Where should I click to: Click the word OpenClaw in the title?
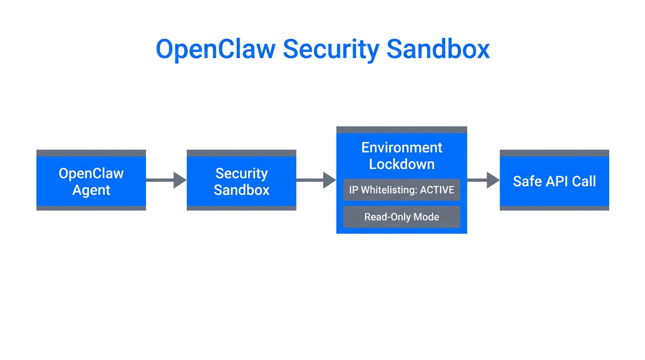[215, 49]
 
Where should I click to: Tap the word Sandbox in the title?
[438, 49]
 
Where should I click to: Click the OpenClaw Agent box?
[91, 181]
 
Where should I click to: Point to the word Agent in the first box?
[91, 190]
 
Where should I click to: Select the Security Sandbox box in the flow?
[241, 181]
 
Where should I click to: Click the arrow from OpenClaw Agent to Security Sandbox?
[166, 180]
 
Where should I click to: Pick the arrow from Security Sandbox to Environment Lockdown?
[316, 180]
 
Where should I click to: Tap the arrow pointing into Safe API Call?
[483, 180]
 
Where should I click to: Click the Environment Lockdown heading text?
[402, 156]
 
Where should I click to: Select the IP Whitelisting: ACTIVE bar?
[402, 190]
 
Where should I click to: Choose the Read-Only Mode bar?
[402, 217]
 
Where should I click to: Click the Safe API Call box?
[554, 181]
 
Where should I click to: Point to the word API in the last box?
[554, 181]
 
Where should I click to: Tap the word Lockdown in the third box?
[402, 164]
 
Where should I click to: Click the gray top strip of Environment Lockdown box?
[402, 130]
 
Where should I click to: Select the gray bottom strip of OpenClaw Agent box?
[91, 208]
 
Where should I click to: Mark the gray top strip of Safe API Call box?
[554, 153]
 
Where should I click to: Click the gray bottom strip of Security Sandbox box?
[241, 208]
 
